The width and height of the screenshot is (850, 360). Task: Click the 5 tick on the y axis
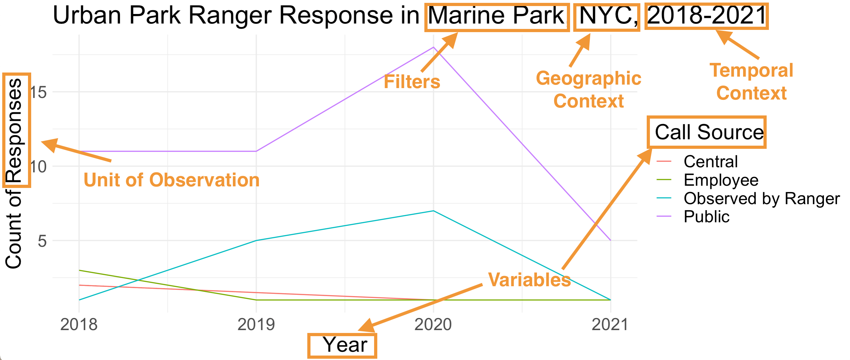(42, 241)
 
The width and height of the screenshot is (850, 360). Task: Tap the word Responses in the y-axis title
(15, 130)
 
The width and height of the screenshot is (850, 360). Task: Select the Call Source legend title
(709, 132)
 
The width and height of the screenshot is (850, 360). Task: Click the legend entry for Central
(710, 162)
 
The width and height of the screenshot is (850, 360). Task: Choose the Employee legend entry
(721, 180)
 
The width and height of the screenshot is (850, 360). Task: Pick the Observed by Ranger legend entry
(761, 199)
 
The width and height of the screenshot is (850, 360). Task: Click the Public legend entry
(706, 217)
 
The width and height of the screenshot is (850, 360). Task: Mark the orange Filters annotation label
(412, 82)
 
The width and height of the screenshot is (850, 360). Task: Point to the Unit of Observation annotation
(171, 180)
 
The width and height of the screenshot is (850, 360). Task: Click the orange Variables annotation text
(529, 280)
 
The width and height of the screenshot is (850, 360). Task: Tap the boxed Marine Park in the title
(497, 16)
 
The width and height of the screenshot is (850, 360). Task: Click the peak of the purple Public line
(433, 47)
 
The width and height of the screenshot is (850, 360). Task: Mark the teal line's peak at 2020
(433, 211)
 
